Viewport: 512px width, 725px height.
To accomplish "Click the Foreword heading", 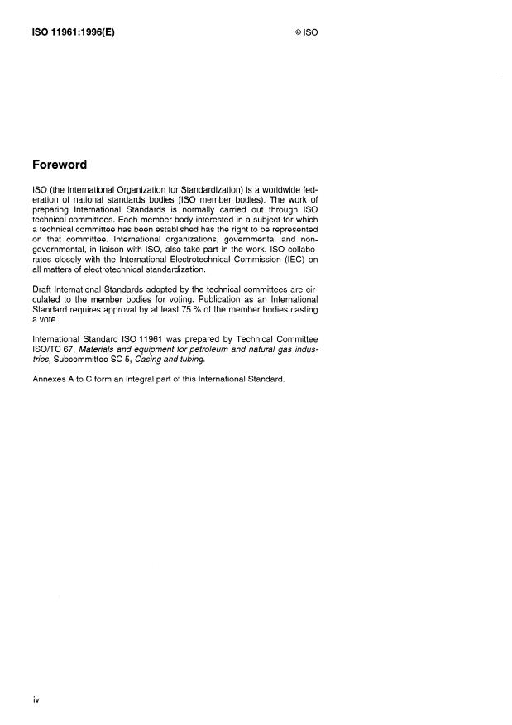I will [x=59, y=165].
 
